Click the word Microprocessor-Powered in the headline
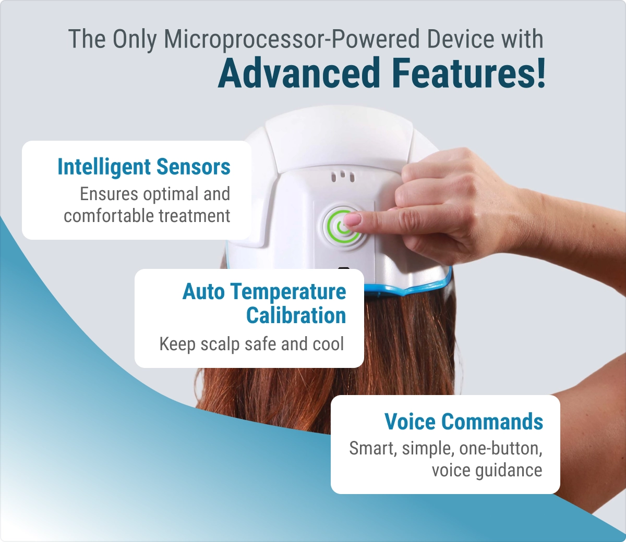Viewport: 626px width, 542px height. tap(292, 39)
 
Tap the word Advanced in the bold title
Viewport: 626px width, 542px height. tap(298, 73)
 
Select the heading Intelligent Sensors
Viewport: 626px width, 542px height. tap(144, 167)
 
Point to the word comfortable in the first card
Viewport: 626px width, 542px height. tap(109, 216)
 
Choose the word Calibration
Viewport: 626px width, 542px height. tap(296, 315)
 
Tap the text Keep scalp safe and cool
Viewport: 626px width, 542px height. tap(251, 344)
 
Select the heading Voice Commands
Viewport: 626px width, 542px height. tap(464, 421)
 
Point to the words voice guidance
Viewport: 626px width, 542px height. tap(487, 471)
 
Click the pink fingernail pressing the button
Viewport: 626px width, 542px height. tap(353, 219)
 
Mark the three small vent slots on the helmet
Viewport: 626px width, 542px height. tap(343, 177)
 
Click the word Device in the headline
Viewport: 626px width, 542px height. tap(460, 39)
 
